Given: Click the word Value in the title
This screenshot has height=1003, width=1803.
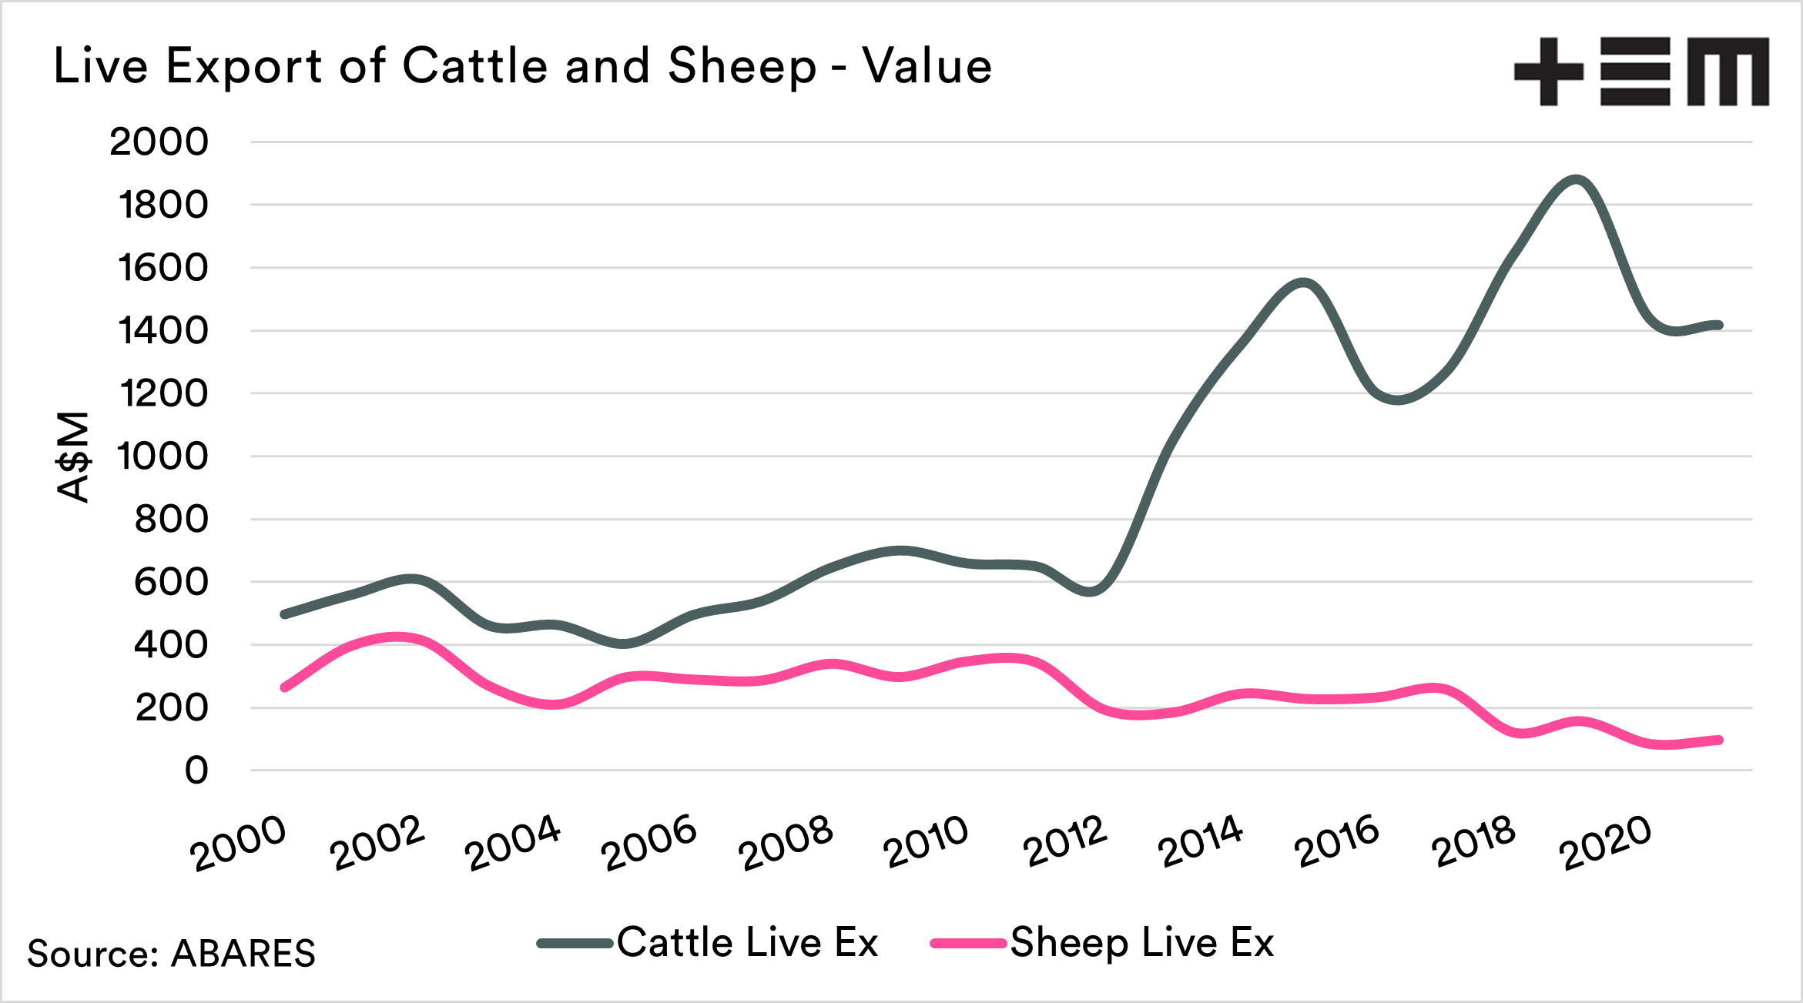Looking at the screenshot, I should [927, 66].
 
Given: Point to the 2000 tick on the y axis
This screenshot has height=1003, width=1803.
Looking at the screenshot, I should [159, 142].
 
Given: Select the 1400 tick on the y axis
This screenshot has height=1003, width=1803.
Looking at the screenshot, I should [163, 331].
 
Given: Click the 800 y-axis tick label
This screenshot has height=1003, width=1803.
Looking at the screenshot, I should [171, 520].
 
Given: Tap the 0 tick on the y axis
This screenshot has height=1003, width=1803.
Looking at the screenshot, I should [196, 771].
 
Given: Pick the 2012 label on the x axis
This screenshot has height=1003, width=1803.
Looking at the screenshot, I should [1065, 842].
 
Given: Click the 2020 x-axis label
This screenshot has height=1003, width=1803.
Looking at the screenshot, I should [1605, 842].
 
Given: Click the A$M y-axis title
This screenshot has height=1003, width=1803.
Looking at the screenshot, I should [75, 456].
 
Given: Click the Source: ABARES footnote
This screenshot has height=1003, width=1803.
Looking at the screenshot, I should [171, 954].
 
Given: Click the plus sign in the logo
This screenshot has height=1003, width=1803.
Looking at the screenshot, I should [1549, 72].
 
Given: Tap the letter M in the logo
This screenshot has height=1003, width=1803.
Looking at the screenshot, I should [1728, 72].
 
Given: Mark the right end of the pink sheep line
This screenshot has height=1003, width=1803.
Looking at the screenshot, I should [1718, 741].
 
